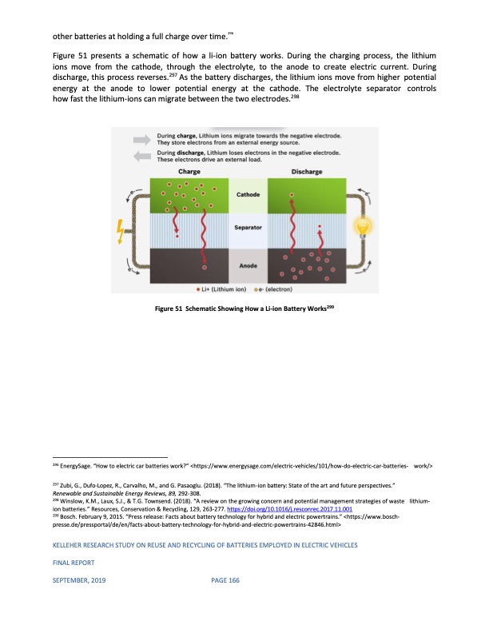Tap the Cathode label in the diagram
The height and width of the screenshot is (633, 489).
point(247,194)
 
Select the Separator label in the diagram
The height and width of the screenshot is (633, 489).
point(247,229)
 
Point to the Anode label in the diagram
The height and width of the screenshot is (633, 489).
point(247,265)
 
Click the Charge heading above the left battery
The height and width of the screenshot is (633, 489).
point(189,171)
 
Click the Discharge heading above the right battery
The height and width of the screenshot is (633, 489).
point(307,171)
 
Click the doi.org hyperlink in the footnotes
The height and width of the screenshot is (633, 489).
point(309,508)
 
